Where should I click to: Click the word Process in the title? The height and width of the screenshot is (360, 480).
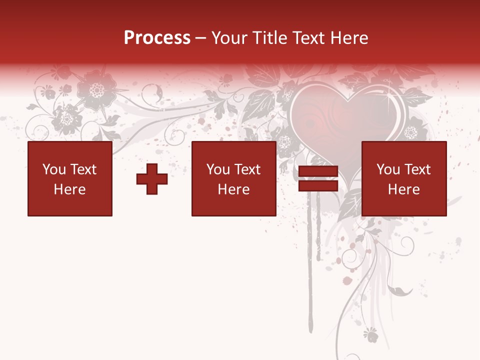pyautogui.click(x=157, y=38)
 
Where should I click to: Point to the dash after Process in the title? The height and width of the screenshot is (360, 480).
pyautogui.click(x=200, y=38)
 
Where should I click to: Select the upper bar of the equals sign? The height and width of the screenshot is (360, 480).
pyautogui.click(x=318, y=171)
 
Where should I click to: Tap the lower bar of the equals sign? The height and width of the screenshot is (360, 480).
pyautogui.click(x=318, y=186)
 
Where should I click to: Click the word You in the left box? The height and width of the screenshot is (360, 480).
pyautogui.click(x=54, y=169)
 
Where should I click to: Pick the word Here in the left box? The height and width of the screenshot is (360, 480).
pyautogui.click(x=69, y=189)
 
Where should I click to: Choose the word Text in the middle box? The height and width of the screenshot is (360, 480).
pyautogui.click(x=247, y=169)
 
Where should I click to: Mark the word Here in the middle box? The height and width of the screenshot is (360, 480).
pyautogui.click(x=233, y=189)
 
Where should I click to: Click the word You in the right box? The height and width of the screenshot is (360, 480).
pyautogui.click(x=388, y=169)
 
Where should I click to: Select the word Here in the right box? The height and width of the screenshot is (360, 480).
pyautogui.click(x=403, y=189)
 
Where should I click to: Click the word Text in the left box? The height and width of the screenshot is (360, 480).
pyautogui.click(x=82, y=169)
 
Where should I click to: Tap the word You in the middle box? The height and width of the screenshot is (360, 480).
pyautogui.click(x=218, y=169)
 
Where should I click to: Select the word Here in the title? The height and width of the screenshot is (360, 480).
pyautogui.click(x=349, y=38)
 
